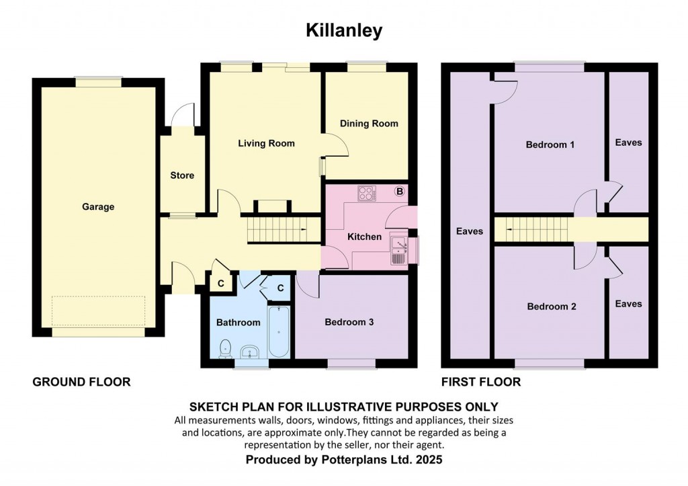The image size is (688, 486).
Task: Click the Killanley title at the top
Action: [x=344, y=30]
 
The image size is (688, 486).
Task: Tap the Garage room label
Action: [x=98, y=207]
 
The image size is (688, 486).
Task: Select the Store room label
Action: [x=181, y=175]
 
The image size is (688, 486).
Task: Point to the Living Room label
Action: [x=266, y=143]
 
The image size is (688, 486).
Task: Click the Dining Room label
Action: [x=368, y=124]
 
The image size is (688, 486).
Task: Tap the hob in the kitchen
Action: [x=367, y=193]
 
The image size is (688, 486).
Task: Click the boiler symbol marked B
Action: [x=400, y=192]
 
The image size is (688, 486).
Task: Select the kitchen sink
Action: [x=398, y=249]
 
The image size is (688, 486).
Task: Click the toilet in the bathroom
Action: [x=226, y=348]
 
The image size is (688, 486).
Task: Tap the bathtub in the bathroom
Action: [x=277, y=332]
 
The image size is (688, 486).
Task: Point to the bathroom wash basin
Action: [x=250, y=352]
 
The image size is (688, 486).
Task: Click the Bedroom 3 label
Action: [x=349, y=323]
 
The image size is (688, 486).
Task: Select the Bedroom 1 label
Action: [x=550, y=145]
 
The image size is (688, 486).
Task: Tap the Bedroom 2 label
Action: [x=551, y=307]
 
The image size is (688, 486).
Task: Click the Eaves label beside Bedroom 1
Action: [x=628, y=143]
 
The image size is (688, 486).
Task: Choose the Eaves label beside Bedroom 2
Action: [x=628, y=304]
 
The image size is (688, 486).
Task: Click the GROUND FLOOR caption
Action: [x=81, y=382]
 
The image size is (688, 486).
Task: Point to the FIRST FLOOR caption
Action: [x=480, y=382]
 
